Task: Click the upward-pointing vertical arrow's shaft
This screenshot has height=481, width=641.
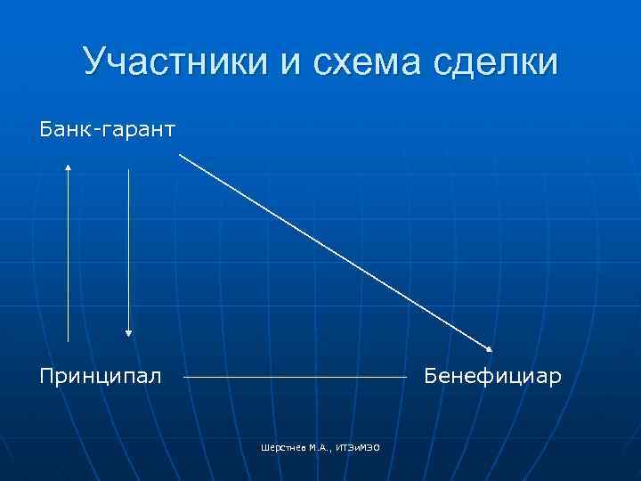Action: [x=69, y=258]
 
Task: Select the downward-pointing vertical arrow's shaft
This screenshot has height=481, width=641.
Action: [x=129, y=249]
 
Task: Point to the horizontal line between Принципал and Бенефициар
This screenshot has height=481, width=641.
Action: [x=294, y=378]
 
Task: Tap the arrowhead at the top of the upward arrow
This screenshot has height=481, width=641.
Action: [x=69, y=166]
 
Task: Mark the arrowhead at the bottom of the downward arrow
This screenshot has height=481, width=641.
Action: [x=129, y=332]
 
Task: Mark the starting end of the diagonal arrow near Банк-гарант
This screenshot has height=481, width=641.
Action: [x=181, y=155]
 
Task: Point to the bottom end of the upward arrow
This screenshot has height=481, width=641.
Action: [x=69, y=340]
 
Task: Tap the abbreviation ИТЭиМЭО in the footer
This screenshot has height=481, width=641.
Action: [x=359, y=446]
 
